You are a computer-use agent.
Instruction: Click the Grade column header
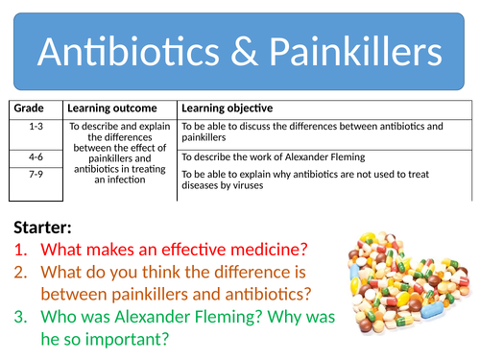(x=29, y=108)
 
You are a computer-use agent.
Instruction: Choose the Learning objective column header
(x=227, y=108)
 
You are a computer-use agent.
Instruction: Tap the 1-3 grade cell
(x=36, y=126)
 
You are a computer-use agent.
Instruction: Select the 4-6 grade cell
(x=36, y=156)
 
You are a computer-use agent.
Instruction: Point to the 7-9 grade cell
(x=36, y=173)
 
